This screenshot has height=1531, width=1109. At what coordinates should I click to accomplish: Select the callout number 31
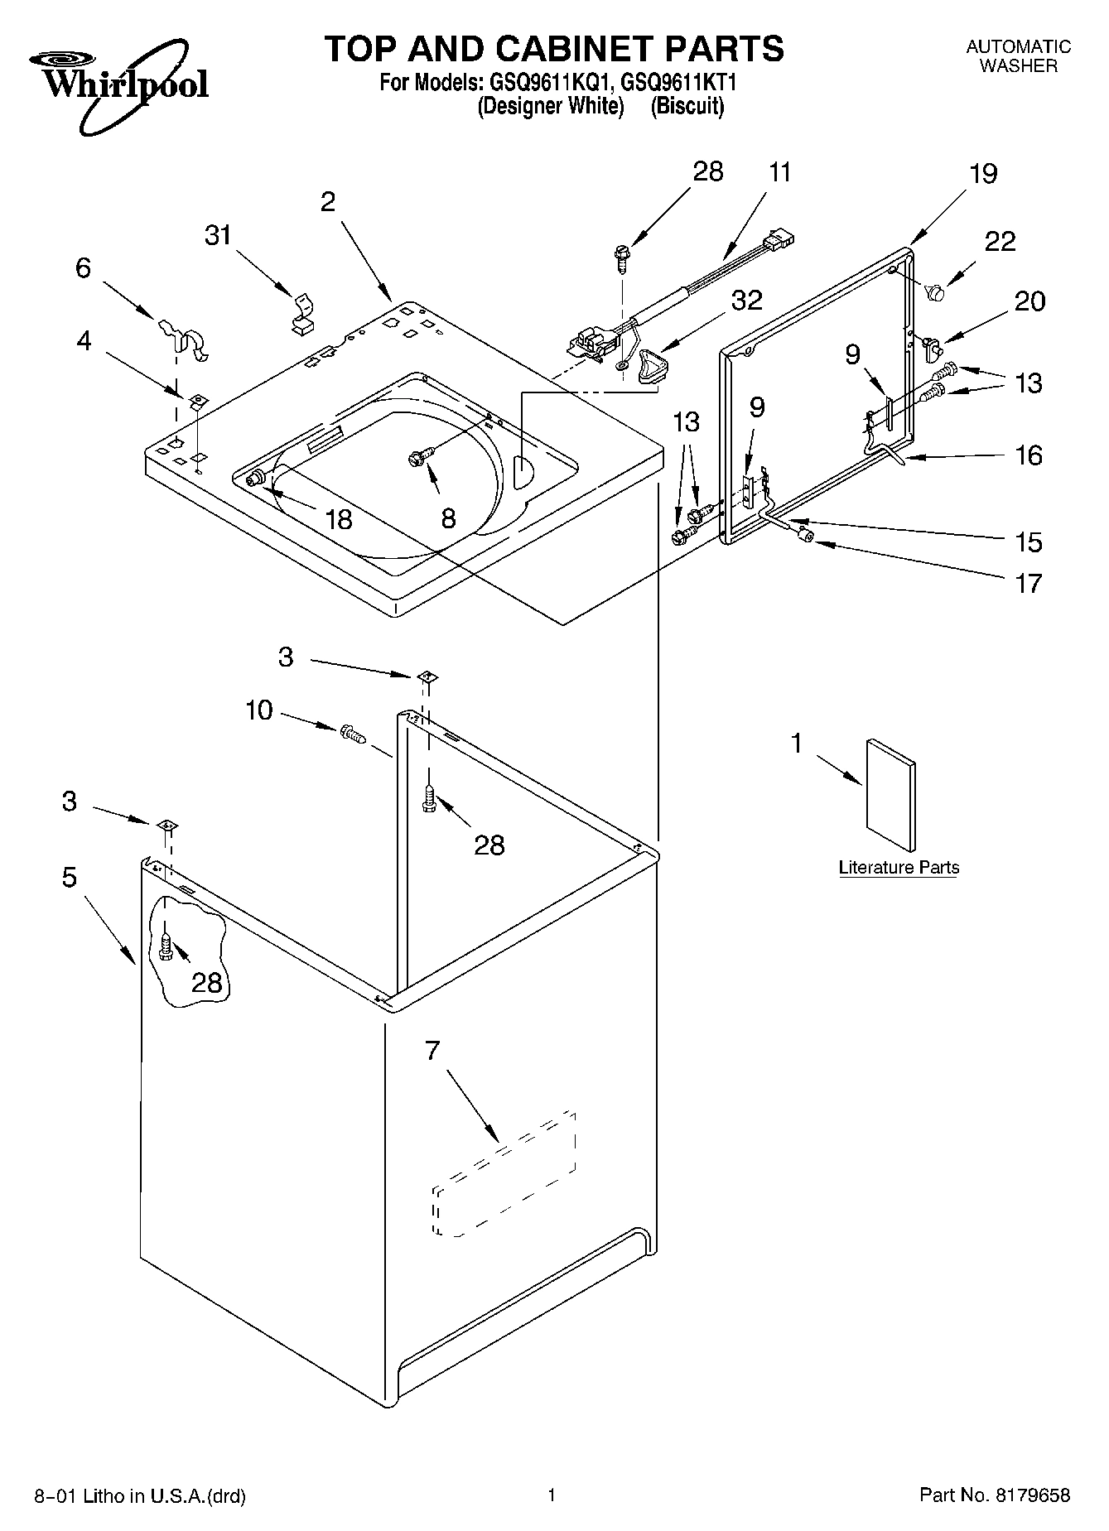pos(218,236)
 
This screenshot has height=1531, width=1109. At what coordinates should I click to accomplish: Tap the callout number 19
pos(982,174)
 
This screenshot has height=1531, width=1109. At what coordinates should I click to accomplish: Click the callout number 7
pos(432,1051)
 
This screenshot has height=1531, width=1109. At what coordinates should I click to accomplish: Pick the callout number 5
pos(70,877)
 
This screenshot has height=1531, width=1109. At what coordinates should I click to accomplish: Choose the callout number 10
pos(259,710)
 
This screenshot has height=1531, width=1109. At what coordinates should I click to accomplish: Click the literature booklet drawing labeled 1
pos(890,795)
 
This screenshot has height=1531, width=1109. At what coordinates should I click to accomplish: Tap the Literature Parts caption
pos(899,868)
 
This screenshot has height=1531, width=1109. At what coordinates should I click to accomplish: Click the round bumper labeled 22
pos(938,292)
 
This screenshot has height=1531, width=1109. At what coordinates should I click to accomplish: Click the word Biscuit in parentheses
pos(687,106)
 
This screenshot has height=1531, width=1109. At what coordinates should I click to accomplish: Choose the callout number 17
pos(1029,583)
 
